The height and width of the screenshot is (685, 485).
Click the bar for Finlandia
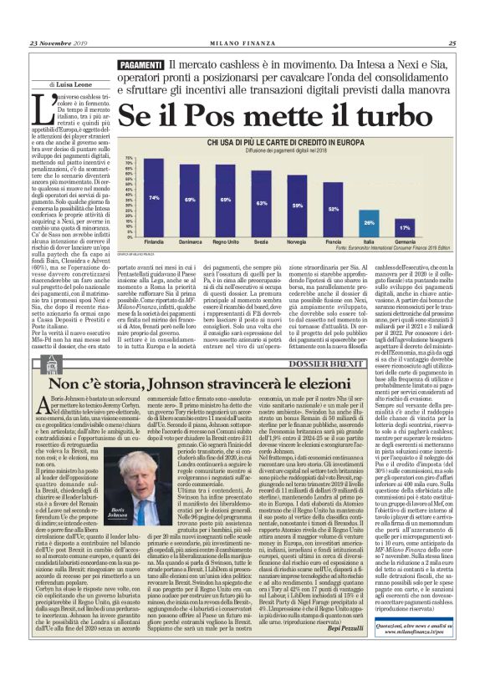(x=154, y=198)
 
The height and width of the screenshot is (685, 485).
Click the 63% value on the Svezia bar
(x=262, y=204)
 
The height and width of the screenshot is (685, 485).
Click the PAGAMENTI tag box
(x=139, y=65)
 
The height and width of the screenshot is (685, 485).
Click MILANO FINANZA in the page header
(x=242, y=44)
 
